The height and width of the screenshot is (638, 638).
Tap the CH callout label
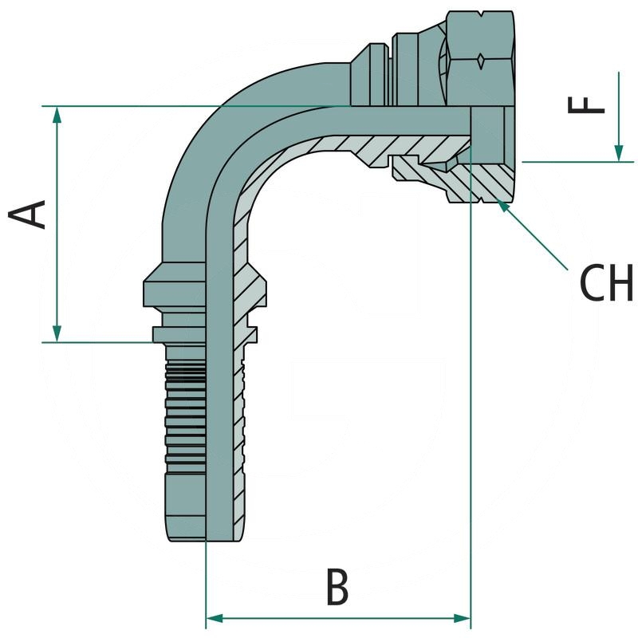point(607,283)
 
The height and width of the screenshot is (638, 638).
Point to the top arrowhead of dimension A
point(57,116)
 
